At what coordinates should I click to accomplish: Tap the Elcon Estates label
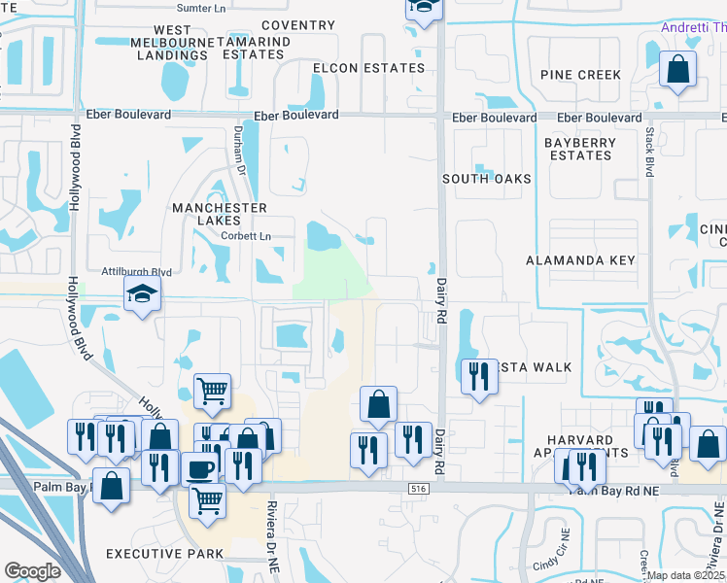[x=368, y=68]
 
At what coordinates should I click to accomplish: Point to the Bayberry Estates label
[x=579, y=149]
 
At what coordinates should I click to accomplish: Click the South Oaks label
[x=487, y=179]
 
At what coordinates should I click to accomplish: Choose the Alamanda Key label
[x=580, y=260]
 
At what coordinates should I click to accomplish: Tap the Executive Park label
[x=164, y=554]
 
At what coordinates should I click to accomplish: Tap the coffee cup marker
[x=200, y=468]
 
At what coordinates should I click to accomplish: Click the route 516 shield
[x=419, y=489]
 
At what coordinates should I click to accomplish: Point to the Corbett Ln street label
[x=245, y=236]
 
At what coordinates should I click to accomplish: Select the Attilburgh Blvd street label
[x=137, y=273]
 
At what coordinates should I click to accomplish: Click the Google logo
[x=33, y=571]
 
